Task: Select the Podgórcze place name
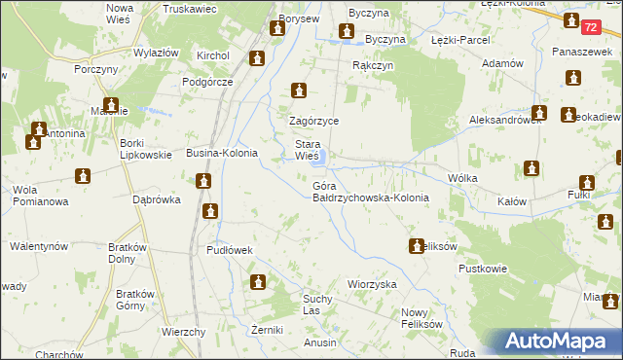point(207,82)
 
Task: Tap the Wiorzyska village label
point(371,284)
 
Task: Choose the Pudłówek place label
point(230,250)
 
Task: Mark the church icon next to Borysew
point(277,29)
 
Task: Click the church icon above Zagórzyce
point(299,91)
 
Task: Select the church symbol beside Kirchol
point(256,59)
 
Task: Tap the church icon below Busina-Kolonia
point(202,181)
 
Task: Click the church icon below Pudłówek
point(258,282)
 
